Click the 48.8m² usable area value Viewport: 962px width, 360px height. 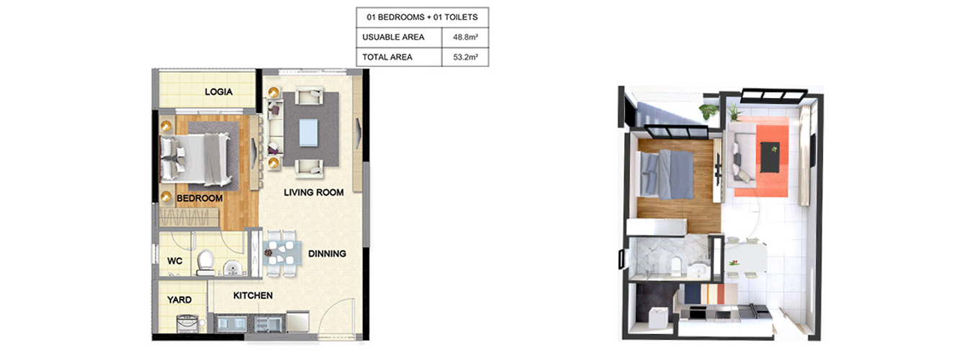click(465, 37)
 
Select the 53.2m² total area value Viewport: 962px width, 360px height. click(465, 57)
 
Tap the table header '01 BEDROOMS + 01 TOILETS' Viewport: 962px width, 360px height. click(422, 17)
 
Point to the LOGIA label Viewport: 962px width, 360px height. click(219, 91)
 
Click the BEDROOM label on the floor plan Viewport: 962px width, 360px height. click(199, 198)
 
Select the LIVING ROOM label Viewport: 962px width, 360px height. click(313, 192)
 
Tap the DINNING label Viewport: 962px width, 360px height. click(327, 253)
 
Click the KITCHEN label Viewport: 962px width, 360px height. click(253, 296)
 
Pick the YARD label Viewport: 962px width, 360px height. click(179, 300)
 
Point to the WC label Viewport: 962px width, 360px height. click(175, 261)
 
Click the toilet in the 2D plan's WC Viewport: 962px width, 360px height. click(205, 263)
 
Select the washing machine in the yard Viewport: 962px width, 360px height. click(188, 323)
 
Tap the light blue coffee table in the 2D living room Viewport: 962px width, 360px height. click(309, 132)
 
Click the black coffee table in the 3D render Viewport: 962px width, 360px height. click(770, 157)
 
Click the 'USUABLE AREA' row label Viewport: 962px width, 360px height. click(393, 37)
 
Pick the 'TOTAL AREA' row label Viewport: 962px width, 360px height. click(387, 57)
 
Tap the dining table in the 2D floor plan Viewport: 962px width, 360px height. click(281, 253)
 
